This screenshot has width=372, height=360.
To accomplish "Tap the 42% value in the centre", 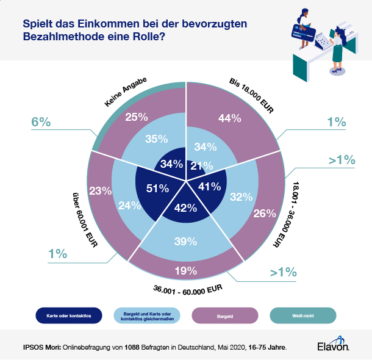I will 185,207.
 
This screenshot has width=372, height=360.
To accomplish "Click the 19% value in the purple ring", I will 185,270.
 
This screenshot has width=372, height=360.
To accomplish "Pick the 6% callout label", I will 41,122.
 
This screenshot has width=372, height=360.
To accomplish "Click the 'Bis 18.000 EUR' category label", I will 251,92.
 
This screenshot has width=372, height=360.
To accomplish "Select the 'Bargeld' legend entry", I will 225,315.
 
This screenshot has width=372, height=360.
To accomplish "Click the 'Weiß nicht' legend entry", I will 302,315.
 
